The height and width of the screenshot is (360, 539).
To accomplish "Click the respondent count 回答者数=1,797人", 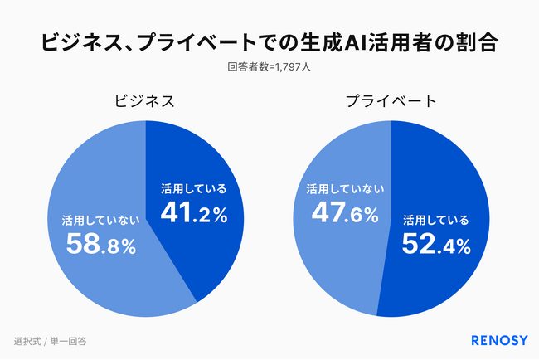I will point(269,69).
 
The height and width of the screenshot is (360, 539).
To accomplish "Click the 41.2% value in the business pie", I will point(193,213).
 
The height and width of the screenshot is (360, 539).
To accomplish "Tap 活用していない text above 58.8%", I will point(100,221).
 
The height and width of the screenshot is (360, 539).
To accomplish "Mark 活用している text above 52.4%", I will point(436,221).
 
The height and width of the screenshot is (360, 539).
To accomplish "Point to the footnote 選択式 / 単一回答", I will point(51,340).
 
